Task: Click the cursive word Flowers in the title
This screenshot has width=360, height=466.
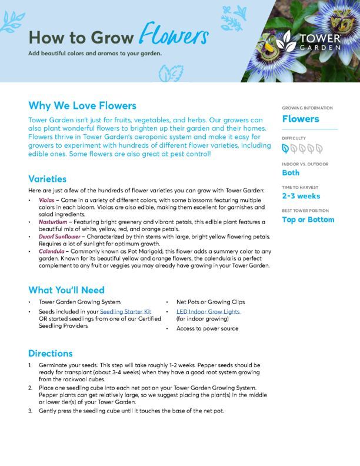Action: [174, 36]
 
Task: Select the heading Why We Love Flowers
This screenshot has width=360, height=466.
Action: [82, 106]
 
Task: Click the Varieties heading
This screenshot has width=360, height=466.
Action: [48, 179]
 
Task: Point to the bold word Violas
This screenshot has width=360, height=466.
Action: [46, 201]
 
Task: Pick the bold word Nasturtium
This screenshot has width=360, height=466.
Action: [53, 222]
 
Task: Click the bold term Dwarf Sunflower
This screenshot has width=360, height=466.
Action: [63, 236]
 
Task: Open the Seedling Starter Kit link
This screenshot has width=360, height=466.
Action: [126, 311]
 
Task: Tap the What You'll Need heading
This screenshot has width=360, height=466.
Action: [66, 290]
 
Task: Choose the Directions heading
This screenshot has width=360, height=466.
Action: [51, 354]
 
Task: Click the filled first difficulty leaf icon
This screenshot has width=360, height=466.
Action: [286, 148]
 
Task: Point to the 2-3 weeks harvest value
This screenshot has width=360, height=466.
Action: [301, 196]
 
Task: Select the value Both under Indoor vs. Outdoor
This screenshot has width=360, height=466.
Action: [291, 173]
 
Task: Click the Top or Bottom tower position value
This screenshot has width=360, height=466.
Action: [308, 219]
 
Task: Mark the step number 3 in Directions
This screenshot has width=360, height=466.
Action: [31, 411]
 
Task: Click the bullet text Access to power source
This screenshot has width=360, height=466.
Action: [207, 328]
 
